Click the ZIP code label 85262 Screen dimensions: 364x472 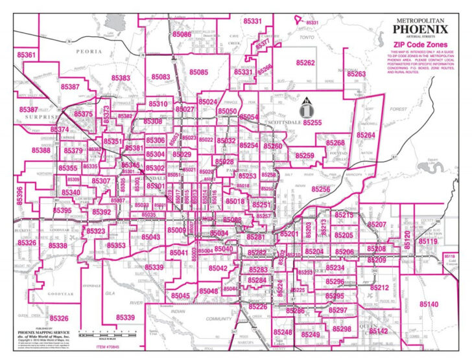[305, 63]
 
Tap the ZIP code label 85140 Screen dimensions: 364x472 [429, 304]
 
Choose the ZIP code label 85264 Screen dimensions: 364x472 [365, 135]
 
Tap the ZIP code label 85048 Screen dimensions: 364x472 [209, 291]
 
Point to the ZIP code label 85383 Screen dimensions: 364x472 [121, 78]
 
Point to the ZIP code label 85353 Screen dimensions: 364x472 [116, 246]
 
